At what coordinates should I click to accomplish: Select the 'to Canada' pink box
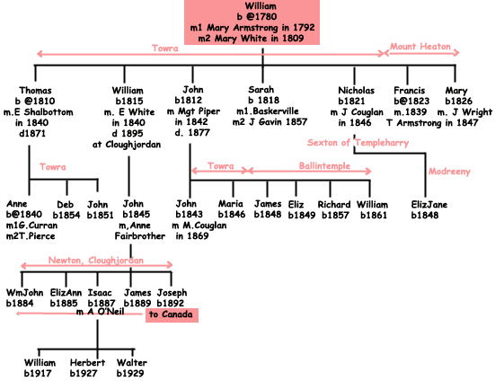(171, 315)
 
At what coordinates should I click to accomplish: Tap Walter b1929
(132, 368)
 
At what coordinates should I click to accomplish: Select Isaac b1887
(99, 297)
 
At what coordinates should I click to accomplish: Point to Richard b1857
(334, 209)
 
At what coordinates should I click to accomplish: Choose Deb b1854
(66, 209)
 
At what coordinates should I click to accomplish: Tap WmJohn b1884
(23, 297)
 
